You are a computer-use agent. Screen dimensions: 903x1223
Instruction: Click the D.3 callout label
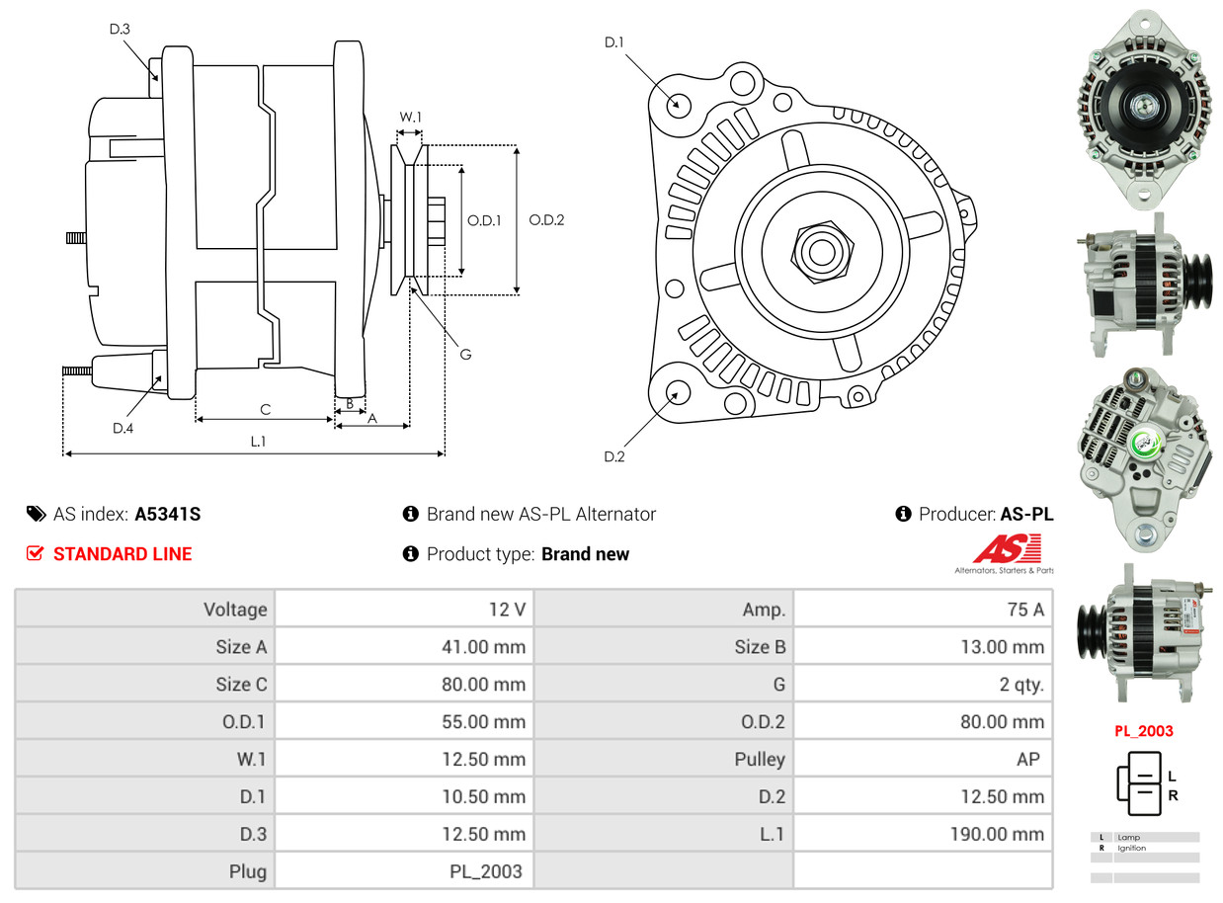click(120, 30)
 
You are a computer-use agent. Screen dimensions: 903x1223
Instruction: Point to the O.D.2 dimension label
click(546, 220)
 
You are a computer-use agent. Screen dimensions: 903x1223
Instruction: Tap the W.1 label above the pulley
click(410, 118)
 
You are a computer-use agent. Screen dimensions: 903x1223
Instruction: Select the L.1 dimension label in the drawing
click(258, 442)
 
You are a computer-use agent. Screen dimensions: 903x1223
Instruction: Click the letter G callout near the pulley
click(465, 354)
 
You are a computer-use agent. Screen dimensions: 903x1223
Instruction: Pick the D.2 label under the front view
click(614, 456)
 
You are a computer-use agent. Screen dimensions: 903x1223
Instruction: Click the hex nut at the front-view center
click(820, 250)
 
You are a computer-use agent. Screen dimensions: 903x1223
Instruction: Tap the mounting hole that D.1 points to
click(678, 104)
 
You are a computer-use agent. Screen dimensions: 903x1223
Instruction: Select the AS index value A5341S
click(168, 514)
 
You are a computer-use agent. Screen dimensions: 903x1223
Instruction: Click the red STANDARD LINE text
click(122, 554)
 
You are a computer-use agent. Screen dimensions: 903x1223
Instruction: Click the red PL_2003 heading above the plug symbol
click(1144, 731)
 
